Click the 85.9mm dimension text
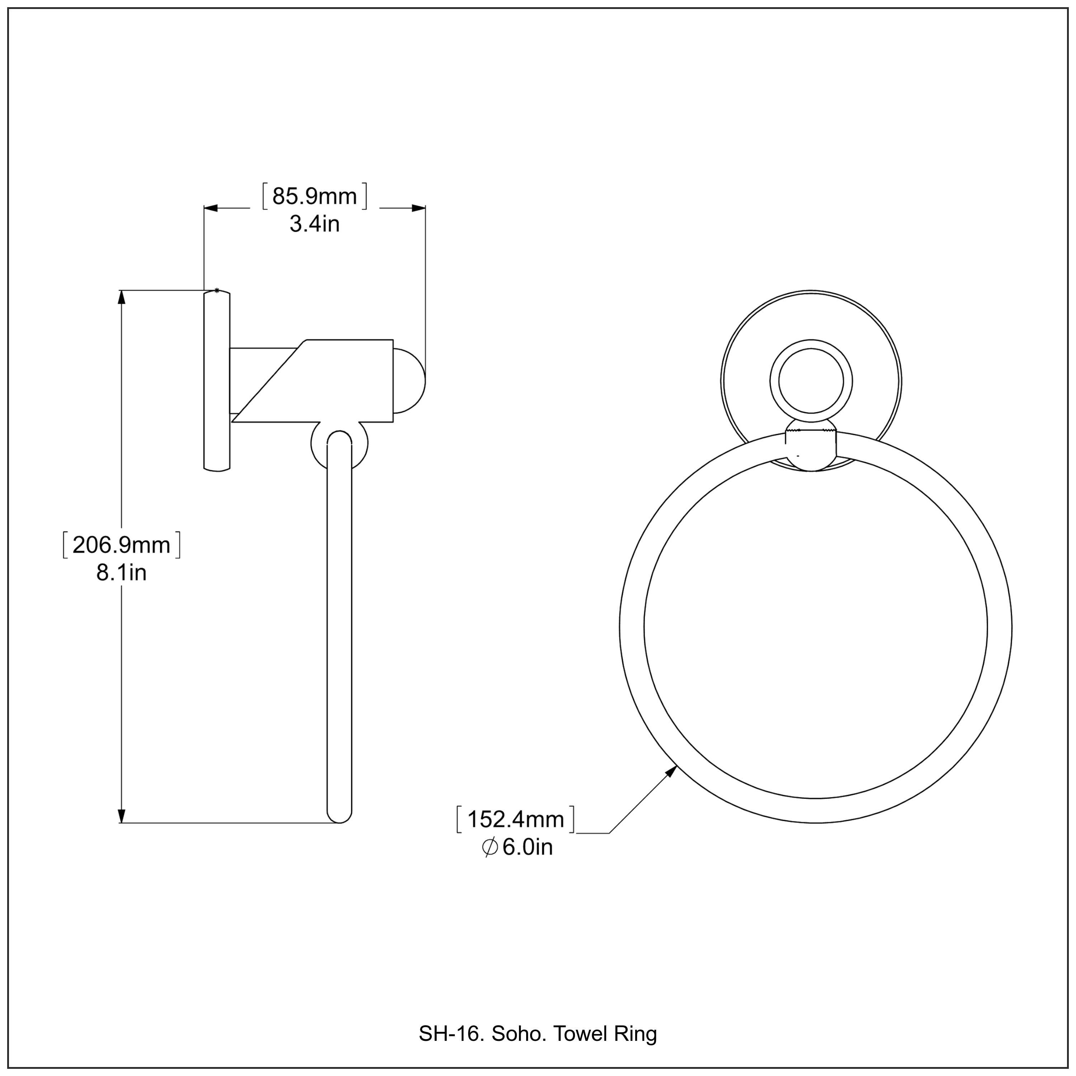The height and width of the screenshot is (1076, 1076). point(315,197)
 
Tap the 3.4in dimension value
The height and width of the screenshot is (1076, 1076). point(315,225)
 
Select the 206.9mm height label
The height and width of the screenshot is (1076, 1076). point(122,545)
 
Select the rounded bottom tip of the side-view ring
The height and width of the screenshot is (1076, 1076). point(339,816)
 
